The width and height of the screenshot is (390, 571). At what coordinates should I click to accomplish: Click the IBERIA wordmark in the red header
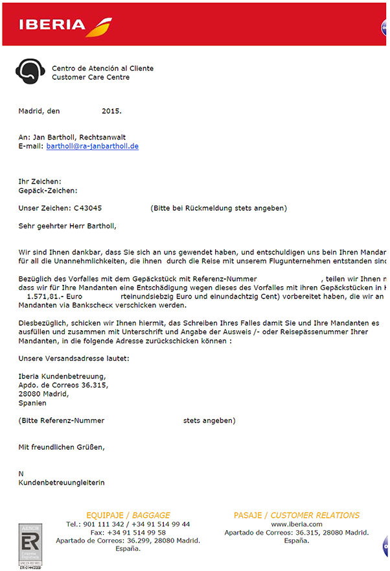[52, 25]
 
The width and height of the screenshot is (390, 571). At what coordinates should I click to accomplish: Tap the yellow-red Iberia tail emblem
[98, 27]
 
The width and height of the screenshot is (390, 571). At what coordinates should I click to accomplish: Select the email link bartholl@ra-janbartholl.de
[93, 147]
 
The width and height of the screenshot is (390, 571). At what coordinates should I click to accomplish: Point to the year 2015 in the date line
[111, 111]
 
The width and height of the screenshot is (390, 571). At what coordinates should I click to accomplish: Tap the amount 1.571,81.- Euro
[52, 296]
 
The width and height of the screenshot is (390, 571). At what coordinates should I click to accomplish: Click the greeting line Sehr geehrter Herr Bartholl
[67, 226]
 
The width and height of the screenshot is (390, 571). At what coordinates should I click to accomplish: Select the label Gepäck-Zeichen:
[48, 191]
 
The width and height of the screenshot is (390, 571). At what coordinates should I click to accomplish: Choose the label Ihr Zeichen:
[40, 182]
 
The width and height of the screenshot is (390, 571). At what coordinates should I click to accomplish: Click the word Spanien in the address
[32, 403]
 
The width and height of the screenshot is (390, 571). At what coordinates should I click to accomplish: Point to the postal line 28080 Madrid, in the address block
[43, 394]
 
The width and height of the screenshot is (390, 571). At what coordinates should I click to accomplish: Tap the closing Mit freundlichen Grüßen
[62, 447]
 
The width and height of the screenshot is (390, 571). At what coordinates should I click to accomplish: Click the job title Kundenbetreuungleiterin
[62, 483]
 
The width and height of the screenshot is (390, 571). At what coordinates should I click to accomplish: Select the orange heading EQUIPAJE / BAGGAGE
[128, 515]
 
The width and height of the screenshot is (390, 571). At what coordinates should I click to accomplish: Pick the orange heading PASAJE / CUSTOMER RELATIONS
[296, 515]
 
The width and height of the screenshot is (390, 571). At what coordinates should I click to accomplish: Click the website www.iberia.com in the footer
[297, 524]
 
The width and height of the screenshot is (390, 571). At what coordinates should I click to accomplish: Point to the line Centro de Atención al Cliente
[102, 68]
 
